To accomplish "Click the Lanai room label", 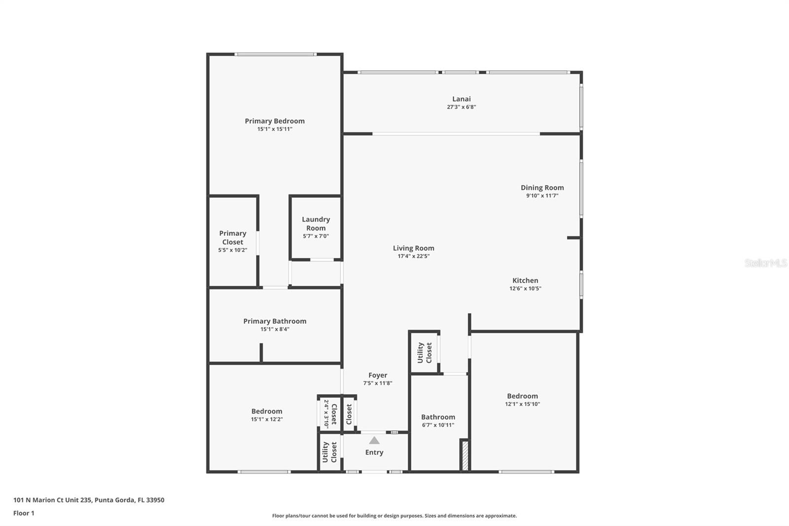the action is [462, 99].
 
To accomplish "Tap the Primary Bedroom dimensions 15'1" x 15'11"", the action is [275, 129].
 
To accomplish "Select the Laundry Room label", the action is [316, 224].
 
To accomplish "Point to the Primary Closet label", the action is [232, 238].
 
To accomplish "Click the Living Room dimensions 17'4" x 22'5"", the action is [414, 256].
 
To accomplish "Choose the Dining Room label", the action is [542, 188].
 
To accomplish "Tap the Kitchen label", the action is [525, 281].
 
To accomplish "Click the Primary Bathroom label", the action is [275, 321].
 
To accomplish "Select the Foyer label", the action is [378, 375].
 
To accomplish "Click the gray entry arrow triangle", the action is [374, 441].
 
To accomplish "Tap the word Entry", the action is [374, 452].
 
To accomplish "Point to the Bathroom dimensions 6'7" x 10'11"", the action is [438, 425].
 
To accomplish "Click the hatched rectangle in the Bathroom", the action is [465, 455].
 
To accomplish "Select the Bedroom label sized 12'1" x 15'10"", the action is [522, 396].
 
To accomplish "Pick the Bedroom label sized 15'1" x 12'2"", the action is [267, 412].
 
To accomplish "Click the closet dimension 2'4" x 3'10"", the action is [326, 414].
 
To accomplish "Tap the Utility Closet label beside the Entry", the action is [330, 452].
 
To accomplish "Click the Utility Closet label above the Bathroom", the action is [425, 352].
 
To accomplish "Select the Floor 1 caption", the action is [24, 513].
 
